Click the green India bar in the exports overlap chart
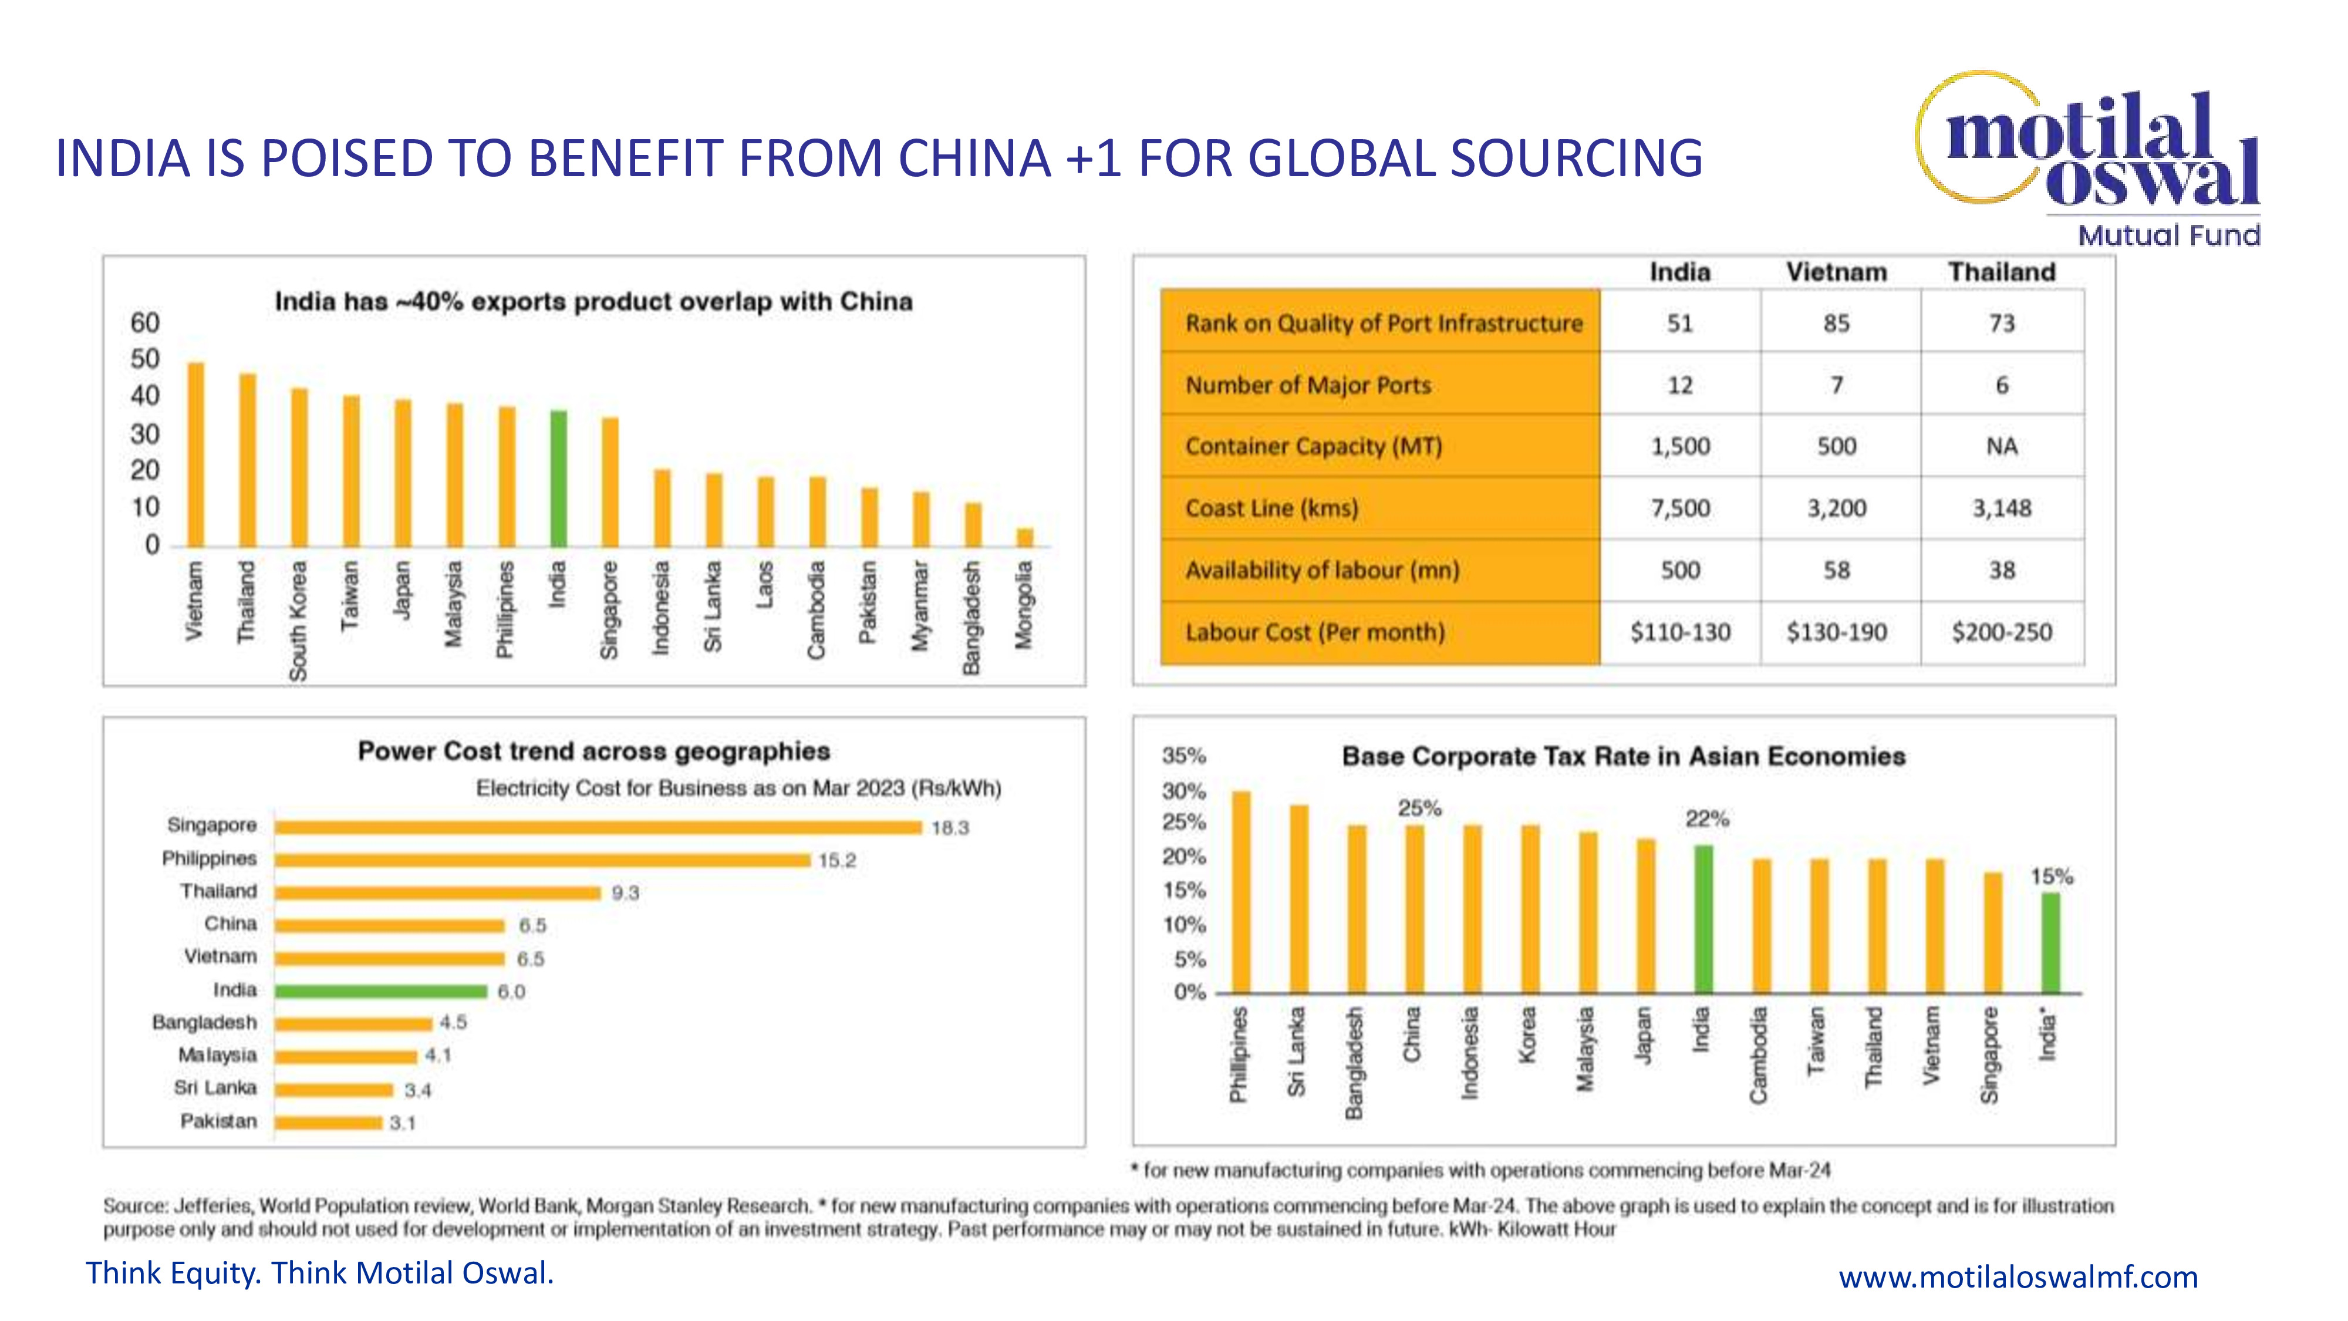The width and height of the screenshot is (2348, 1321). (559, 478)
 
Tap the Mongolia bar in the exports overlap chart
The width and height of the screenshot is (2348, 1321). (1025, 537)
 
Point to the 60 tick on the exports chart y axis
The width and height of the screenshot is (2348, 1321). (145, 323)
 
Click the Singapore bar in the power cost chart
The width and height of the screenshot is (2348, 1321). (598, 827)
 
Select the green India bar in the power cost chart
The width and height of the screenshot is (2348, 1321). (381, 991)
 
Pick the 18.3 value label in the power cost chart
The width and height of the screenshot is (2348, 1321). (950, 828)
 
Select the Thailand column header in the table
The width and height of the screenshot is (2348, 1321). (2002, 272)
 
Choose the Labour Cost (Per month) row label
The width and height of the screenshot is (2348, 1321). (1314, 632)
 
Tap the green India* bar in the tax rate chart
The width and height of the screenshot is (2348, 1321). (2050, 943)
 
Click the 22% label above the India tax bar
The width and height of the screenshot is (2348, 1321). (1706, 818)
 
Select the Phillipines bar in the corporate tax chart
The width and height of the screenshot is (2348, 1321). (1242, 892)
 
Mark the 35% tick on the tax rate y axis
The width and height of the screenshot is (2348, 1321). (1183, 756)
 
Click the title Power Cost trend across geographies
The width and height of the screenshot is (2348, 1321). (593, 752)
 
